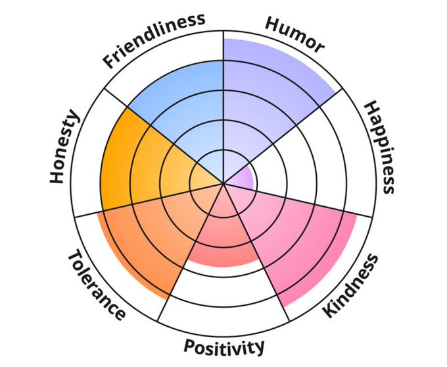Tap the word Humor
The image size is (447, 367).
tap(294, 34)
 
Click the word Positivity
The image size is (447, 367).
tap(224, 347)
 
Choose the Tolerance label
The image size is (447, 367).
tap(96, 285)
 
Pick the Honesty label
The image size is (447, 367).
tap(65, 148)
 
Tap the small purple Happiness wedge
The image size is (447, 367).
tap(245, 179)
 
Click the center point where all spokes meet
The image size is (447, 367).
tap(224, 184)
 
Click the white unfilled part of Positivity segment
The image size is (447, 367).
tap(223, 296)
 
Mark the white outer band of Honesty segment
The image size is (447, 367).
tap(90, 165)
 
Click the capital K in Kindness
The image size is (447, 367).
tap(330, 309)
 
